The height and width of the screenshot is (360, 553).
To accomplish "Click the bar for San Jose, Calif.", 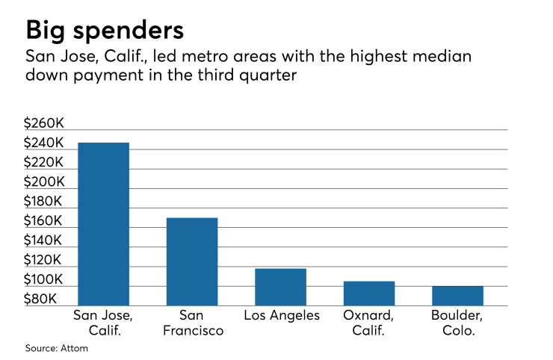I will pos(103,223).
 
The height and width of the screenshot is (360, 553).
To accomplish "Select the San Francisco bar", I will pos(191,261).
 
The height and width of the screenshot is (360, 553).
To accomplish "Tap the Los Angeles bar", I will pos(280,286).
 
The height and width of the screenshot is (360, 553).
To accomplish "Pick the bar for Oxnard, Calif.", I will pos(368,293).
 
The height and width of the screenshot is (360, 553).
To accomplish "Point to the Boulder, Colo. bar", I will pos(457,295).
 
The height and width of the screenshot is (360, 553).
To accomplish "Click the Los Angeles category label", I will pos(282,315).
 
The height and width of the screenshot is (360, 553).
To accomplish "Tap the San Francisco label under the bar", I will pos(191,323).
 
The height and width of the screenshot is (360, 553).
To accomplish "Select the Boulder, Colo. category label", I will pos(457,323).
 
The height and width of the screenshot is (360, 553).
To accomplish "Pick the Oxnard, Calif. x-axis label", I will pos(368,323).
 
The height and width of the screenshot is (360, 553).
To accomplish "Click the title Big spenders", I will pos(105,31).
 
